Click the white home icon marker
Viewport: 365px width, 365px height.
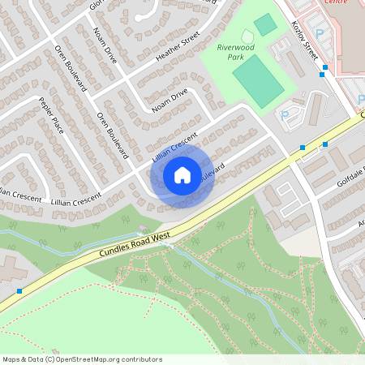(182, 174)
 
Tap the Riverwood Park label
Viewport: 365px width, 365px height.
(236, 52)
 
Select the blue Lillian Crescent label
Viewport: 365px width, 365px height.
(174, 147)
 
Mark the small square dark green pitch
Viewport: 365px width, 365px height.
(265, 25)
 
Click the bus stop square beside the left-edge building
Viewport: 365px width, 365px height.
(19, 290)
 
